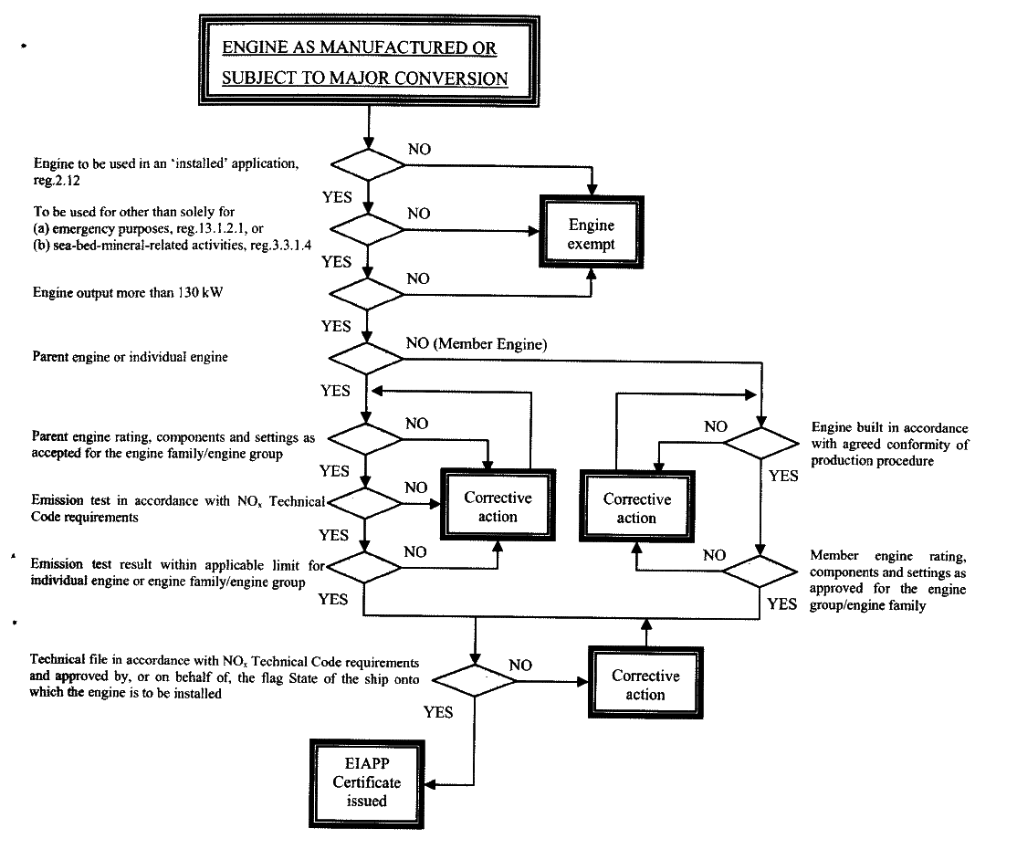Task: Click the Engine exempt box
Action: (592, 232)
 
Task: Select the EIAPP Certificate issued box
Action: (366, 783)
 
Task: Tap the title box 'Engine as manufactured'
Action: (369, 61)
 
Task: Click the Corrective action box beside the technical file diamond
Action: (645, 682)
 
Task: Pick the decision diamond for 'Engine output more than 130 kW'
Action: (367, 295)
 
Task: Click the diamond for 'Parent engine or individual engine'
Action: (366, 359)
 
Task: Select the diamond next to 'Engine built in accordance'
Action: (760, 443)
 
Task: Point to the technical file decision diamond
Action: (475, 681)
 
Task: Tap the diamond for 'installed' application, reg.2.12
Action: (369, 164)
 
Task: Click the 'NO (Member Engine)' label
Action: (477, 344)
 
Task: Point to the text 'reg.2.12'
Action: (58, 180)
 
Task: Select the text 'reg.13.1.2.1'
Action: (212, 228)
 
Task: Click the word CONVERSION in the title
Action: (451, 79)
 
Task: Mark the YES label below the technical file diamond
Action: (438, 712)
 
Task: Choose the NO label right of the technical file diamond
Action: (520, 666)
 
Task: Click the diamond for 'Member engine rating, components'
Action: (760, 572)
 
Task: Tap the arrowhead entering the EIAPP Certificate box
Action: (429, 785)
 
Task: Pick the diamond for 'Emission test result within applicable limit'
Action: (364, 568)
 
